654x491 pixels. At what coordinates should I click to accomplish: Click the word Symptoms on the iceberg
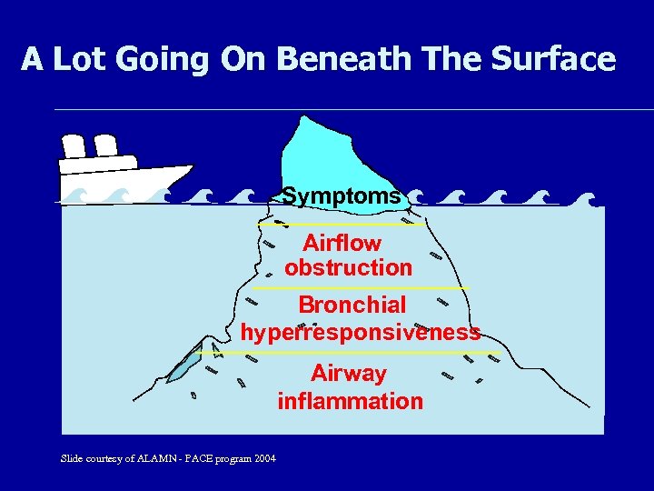tap(342, 195)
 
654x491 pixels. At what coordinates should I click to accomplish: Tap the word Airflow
tap(342, 244)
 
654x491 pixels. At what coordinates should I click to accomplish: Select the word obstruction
tap(348, 268)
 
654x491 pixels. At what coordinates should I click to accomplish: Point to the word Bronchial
tap(352, 305)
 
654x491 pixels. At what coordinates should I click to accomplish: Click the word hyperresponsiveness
tap(361, 333)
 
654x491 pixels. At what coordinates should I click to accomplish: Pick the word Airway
tap(349, 374)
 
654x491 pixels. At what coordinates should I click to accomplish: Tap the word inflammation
tap(350, 401)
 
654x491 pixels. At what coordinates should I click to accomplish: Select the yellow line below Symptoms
tap(341, 225)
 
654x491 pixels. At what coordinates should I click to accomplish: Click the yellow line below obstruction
tap(359, 288)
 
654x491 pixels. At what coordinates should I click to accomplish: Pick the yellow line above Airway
tap(359, 352)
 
